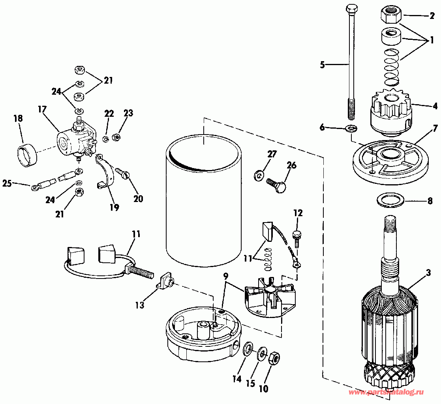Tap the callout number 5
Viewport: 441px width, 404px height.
[322, 65]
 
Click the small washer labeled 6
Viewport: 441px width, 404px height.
[351, 129]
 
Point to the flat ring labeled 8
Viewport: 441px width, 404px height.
[390, 200]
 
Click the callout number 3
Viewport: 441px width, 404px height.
[428, 273]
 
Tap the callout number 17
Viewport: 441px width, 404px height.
[43, 109]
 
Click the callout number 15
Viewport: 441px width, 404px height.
[250, 383]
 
